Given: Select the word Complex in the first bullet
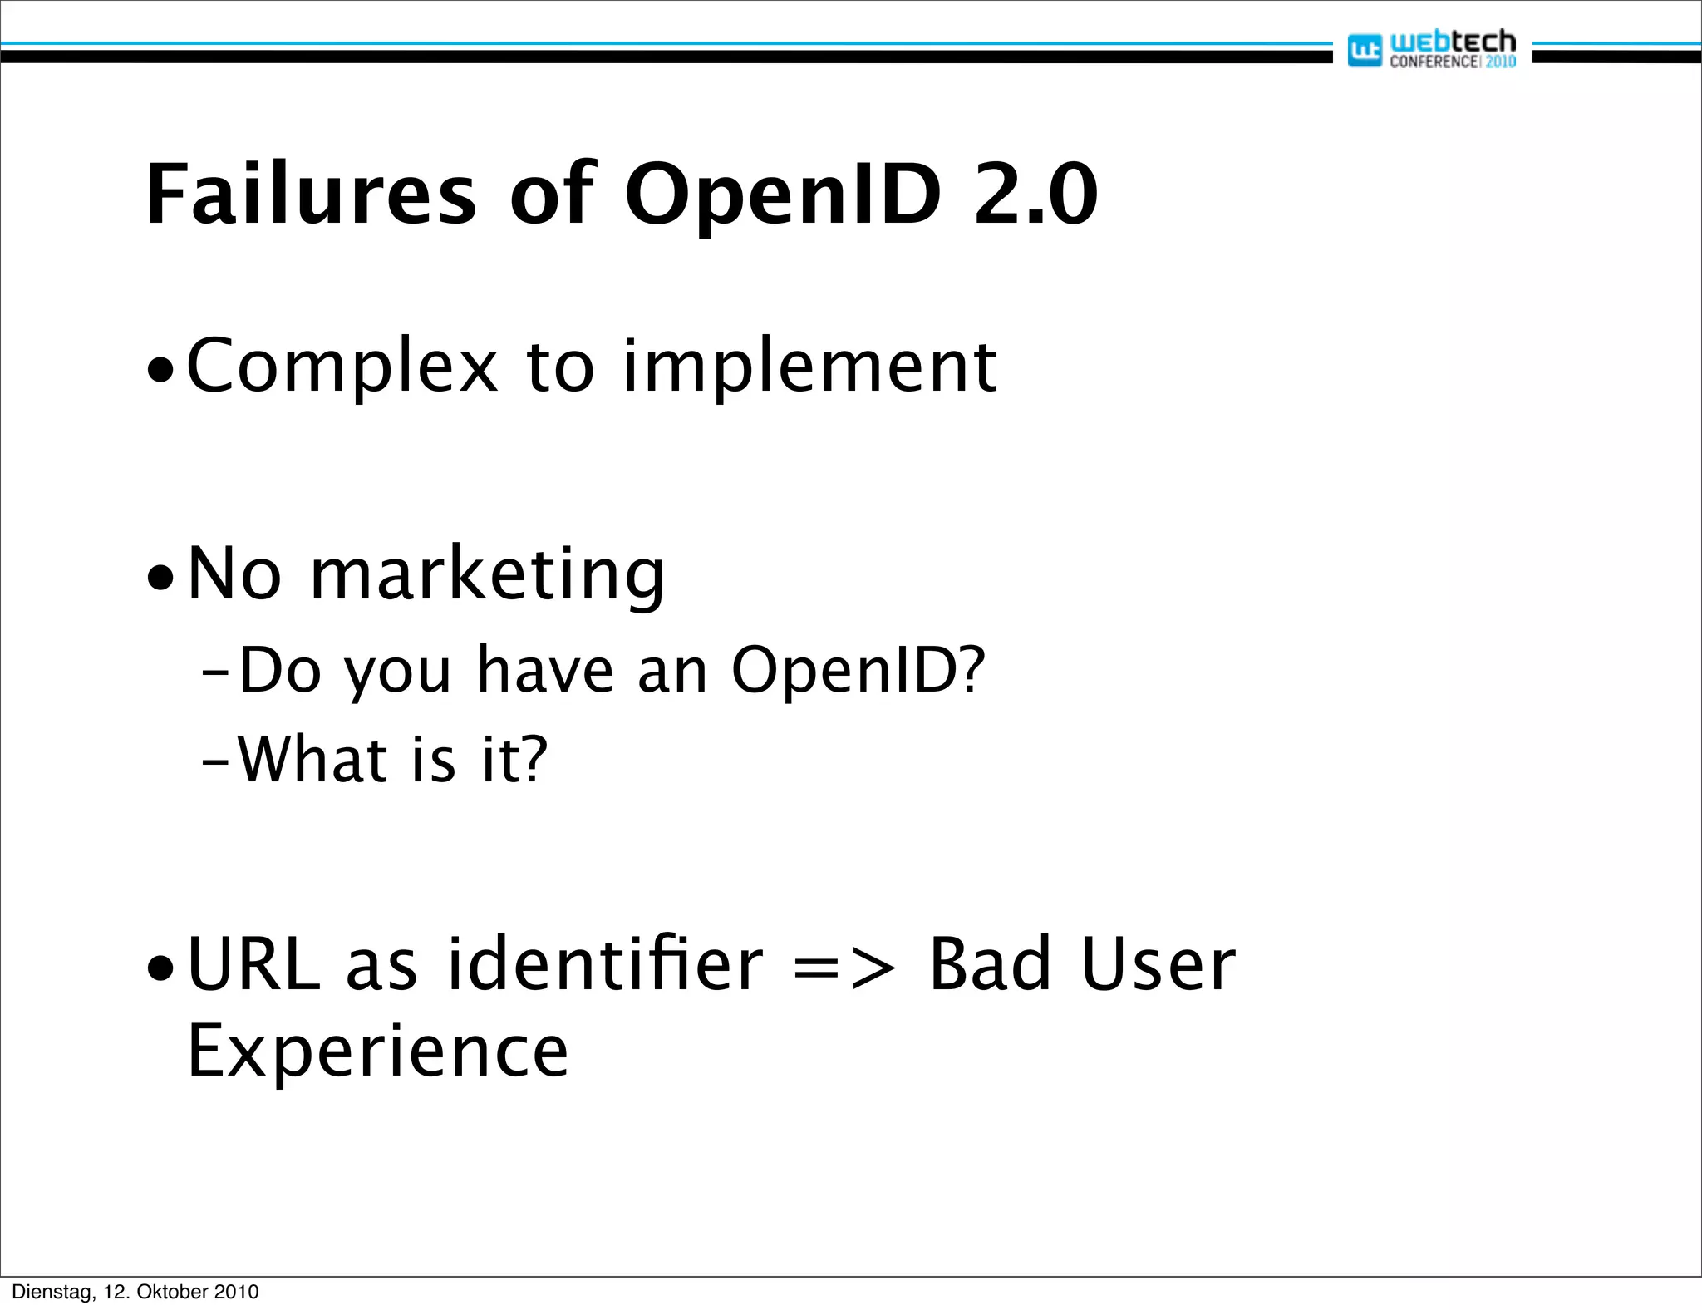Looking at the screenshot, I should pos(342,367).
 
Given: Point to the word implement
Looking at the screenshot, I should pos(809,367).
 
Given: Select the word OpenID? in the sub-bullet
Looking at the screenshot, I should pos(858,670).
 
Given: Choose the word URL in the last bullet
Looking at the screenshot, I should pos(253,964).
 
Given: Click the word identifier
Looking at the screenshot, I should pos(604,964).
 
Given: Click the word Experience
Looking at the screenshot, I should pos(378,1051).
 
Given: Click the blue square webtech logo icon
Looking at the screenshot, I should pos(1364,51).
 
